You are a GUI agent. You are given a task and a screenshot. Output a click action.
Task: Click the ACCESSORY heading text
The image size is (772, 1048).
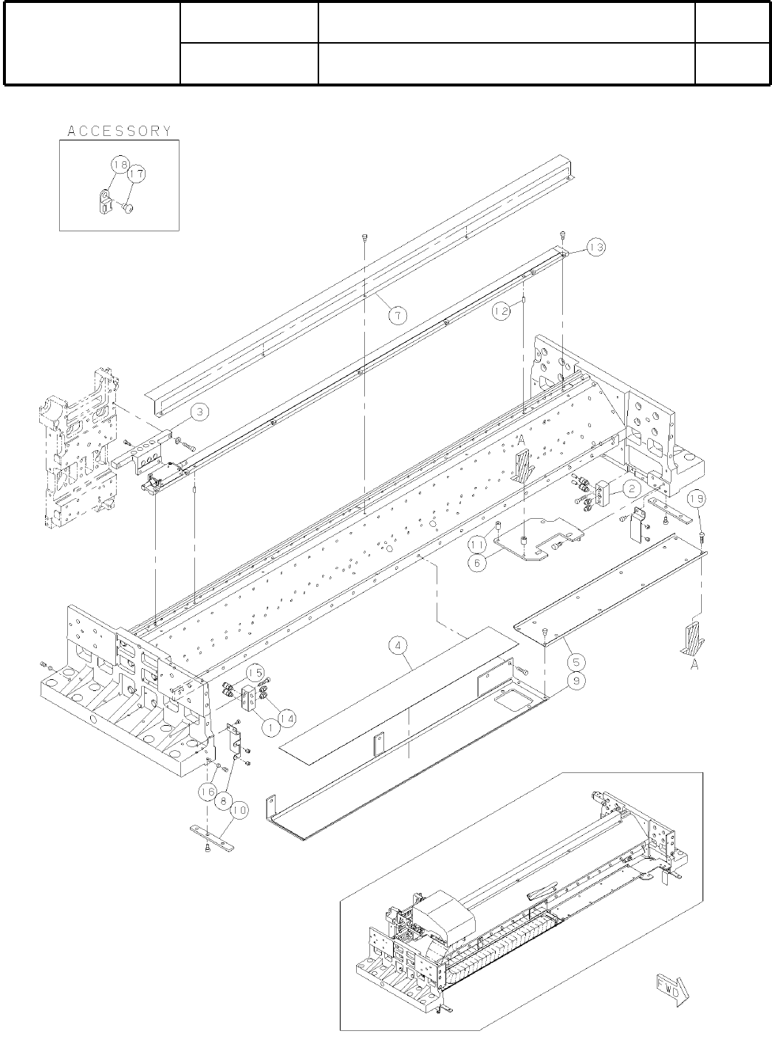point(119,131)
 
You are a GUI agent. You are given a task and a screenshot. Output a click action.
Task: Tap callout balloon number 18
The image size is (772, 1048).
point(120,163)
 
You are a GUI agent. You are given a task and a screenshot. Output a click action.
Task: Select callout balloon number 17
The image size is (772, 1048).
point(136,174)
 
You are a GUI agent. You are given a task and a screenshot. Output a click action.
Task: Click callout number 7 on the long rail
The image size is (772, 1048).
point(397,316)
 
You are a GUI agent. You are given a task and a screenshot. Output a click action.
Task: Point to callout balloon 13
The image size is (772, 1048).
point(596,247)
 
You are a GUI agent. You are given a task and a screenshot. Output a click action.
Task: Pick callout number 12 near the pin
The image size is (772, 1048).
point(502,312)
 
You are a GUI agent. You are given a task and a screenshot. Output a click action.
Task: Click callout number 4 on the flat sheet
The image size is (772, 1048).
point(398,647)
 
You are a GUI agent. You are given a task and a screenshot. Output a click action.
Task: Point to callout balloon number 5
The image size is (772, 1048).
point(573,661)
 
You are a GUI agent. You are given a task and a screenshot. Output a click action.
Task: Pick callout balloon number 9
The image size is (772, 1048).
point(573,681)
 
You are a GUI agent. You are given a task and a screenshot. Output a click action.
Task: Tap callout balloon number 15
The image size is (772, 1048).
point(255,673)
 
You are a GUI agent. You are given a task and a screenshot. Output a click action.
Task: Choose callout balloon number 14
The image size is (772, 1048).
point(287,716)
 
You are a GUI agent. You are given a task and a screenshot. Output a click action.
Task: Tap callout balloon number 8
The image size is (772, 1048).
point(222,800)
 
